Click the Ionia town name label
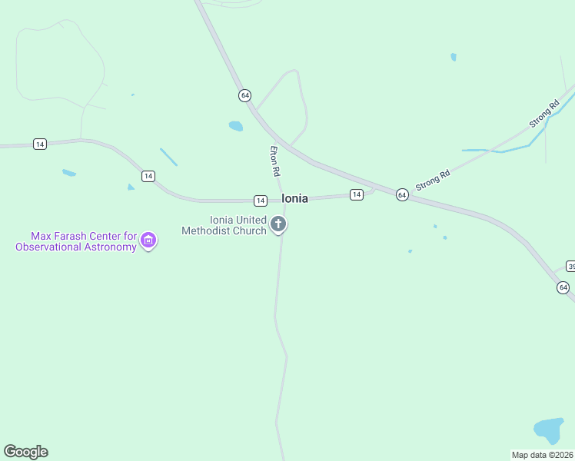294,198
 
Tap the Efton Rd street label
274,161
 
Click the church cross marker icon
278,224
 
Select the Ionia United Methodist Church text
224,225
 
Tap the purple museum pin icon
149,241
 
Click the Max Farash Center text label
76,241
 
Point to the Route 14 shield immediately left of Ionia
261,201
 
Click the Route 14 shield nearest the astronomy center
148,176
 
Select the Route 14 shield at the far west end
40,144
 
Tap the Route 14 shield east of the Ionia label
356,194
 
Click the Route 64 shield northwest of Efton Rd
244,95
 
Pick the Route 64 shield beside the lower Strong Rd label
402,195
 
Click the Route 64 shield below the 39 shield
563,287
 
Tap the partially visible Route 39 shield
570,266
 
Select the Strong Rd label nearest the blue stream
543,114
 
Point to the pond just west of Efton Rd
235,126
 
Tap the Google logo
25,452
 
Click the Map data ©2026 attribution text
543,455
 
